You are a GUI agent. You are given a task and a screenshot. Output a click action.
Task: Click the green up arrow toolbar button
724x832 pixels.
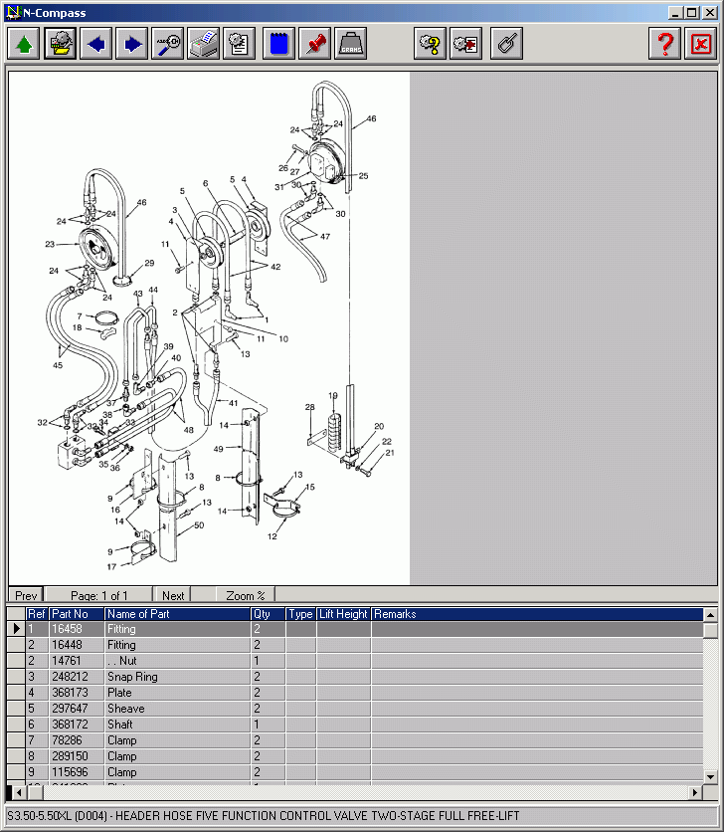click(25, 44)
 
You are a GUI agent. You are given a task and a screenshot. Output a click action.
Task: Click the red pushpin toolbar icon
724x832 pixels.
click(315, 44)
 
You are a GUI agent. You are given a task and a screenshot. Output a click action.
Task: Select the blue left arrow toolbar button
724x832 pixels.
click(96, 44)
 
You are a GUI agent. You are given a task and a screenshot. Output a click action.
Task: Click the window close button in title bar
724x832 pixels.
click(710, 13)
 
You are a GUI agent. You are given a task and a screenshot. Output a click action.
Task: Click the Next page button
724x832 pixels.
click(173, 595)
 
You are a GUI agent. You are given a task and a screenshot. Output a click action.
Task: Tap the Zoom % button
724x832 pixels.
click(246, 595)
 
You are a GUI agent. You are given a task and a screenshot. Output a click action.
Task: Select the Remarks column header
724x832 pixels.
click(395, 614)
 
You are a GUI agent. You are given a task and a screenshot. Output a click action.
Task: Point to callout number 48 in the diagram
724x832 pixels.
click(188, 429)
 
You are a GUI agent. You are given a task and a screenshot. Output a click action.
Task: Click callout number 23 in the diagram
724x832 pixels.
click(49, 244)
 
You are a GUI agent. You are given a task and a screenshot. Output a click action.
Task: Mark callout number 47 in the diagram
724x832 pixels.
click(325, 236)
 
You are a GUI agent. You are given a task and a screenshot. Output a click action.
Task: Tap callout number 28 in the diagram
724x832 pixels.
click(310, 407)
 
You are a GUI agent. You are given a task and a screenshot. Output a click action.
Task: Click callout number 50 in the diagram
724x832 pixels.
click(198, 524)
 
